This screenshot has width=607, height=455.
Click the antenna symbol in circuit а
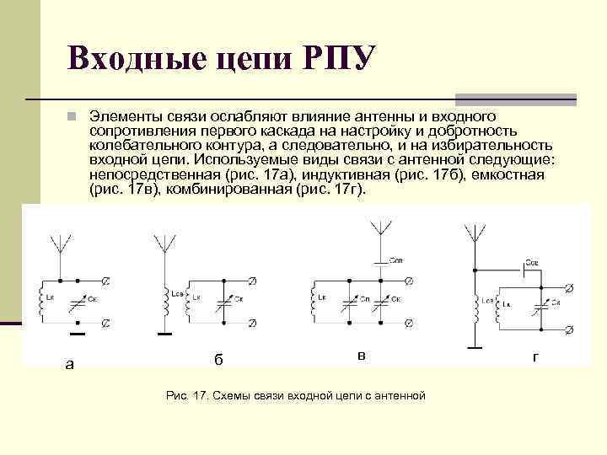point(60,242)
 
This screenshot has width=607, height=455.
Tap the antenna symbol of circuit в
point(380,228)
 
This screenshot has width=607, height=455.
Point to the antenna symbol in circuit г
point(475,233)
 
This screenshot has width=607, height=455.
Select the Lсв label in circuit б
point(177,293)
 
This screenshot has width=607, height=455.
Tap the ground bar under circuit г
point(475,345)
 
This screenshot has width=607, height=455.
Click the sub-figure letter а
point(70,364)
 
